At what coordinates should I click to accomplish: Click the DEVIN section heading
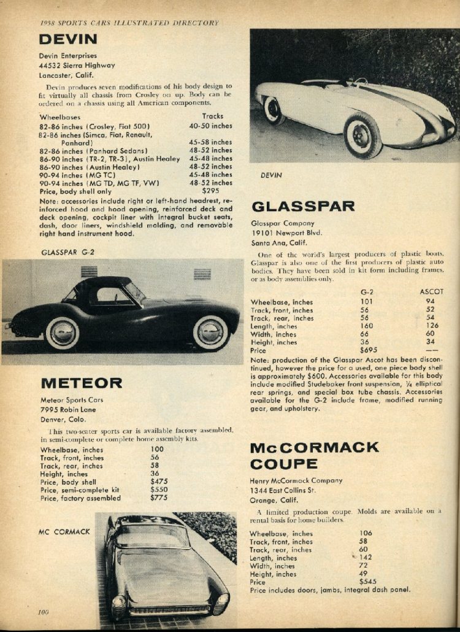coord(68,39)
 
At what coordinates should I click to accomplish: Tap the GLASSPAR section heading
coord(303,206)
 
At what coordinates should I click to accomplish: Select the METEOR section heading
coord(81,383)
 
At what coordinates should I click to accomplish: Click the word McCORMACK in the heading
coord(315,447)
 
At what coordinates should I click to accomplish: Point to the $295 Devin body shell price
coord(211,191)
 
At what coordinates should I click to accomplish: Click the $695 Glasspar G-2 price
coord(368,350)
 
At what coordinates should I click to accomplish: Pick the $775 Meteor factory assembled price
coord(159,498)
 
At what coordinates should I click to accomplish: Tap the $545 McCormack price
coord(368,582)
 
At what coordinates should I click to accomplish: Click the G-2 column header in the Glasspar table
coord(368,291)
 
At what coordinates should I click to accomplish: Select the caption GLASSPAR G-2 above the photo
coord(67,252)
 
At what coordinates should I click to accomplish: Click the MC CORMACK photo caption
coord(64,531)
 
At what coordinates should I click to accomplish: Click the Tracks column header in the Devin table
coord(212,116)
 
